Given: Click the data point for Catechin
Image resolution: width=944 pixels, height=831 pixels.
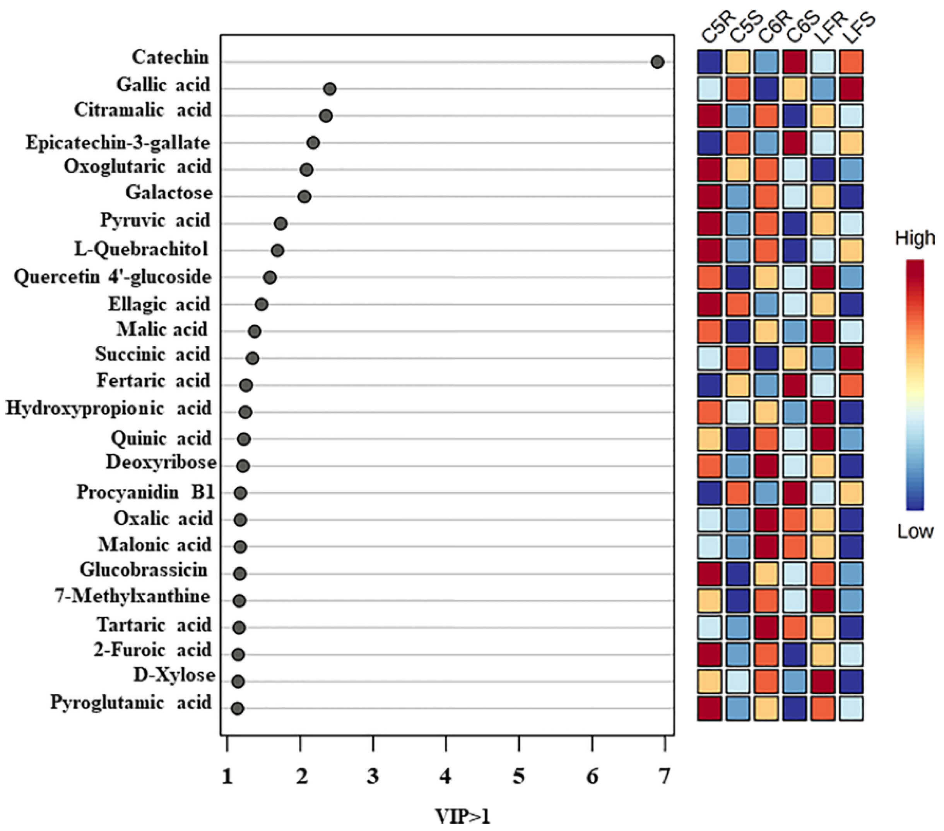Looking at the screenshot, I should [x=657, y=62].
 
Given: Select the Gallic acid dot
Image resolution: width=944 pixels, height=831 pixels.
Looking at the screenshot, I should [x=330, y=89].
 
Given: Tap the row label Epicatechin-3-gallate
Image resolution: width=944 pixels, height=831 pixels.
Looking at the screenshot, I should [x=118, y=143].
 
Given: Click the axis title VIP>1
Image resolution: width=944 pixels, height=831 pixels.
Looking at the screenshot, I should [x=462, y=816].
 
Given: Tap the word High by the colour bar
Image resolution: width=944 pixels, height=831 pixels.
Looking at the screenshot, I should [x=915, y=239].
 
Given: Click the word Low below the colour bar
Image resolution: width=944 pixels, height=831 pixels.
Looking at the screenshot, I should [x=915, y=532].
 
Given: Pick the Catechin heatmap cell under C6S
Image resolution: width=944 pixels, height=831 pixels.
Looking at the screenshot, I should [x=795, y=62].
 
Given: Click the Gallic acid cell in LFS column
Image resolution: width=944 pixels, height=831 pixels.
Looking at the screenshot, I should [x=851, y=89].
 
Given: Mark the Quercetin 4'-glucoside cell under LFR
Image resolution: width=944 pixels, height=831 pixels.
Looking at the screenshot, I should [x=823, y=277].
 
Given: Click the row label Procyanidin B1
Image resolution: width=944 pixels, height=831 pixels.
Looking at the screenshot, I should [x=145, y=492].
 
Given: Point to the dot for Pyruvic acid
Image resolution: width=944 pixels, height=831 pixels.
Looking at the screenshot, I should [x=281, y=224].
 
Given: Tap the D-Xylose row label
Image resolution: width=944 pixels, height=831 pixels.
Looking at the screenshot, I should [x=174, y=675].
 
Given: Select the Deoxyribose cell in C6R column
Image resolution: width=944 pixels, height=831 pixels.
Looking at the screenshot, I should [x=766, y=466].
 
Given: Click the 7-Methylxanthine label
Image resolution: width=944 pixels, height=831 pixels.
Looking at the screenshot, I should [x=133, y=596].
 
